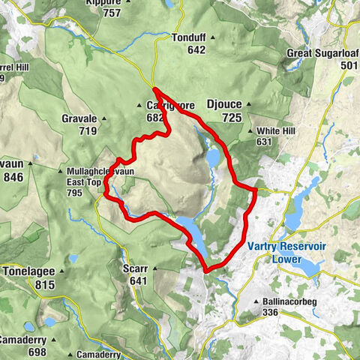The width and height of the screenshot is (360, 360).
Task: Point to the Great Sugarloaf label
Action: [x=322, y=54]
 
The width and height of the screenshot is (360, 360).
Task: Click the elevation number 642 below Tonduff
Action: [x=196, y=49]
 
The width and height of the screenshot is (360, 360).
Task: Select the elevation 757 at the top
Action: [x=112, y=13]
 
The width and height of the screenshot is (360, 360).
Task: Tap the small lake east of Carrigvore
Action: [x=212, y=158]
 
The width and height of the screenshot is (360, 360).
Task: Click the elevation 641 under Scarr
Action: [x=138, y=281]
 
